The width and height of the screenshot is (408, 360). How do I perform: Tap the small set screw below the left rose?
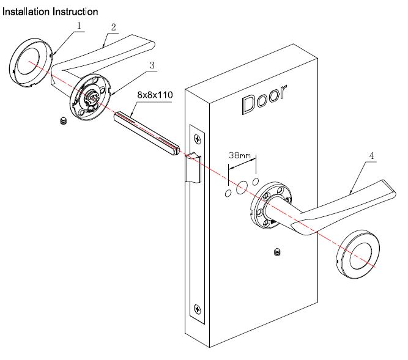click(x=62, y=120)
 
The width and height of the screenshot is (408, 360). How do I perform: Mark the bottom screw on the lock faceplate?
click(x=196, y=309)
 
